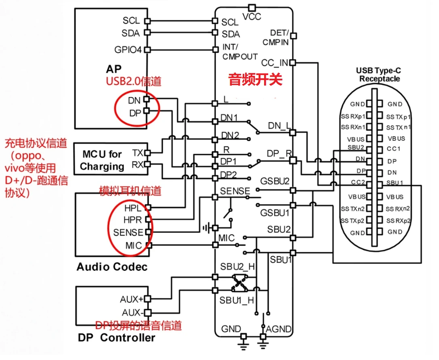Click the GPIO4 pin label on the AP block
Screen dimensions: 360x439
coord(128,50)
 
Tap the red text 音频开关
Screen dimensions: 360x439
coord(255,79)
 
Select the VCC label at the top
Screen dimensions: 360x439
coord(252,17)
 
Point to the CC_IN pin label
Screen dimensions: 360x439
coord(275,63)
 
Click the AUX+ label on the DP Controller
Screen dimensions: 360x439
coord(132,299)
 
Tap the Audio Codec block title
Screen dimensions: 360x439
coord(112,267)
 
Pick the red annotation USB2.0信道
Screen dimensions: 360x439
coord(134,81)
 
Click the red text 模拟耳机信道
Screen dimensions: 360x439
coord(130,190)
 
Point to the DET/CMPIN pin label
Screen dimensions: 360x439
coord(276,37)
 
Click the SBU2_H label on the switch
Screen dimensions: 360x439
coord(237,267)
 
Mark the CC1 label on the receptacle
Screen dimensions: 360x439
coord(394,149)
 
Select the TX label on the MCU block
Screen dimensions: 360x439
coord(137,153)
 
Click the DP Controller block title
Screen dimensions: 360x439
coord(116,337)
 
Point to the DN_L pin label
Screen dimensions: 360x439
coord(279,126)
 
